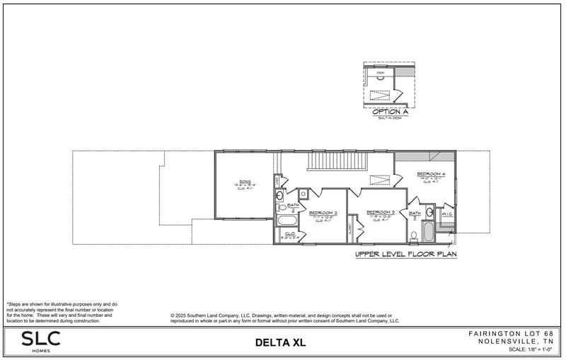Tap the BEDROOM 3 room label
(x=380, y=212)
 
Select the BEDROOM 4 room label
(x=431, y=174)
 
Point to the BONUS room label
(x=245, y=182)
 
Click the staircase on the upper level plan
(x=336, y=163)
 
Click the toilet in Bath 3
(x=414, y=235)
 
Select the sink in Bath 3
(x=430, y=212)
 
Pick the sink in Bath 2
(x=279, y=196)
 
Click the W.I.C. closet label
(x=447, y=214)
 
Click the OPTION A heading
(x=391, y=112)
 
